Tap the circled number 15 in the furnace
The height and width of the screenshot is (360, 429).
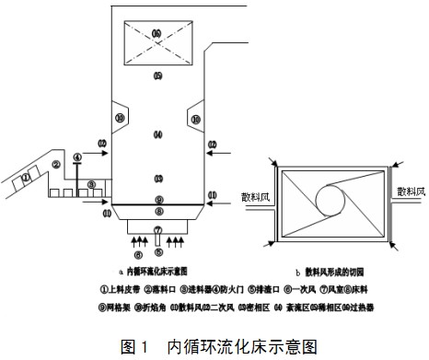(x=157, y=75)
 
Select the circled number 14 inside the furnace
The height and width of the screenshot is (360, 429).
(x=157, y=135)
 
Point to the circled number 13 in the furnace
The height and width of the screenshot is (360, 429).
(x=157, y=178)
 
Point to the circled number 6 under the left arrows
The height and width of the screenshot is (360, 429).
(x=138, y=254)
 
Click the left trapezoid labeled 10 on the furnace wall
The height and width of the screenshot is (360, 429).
(x=119, y=118)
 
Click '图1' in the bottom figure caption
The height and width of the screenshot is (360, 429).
(x=135, y=347)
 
